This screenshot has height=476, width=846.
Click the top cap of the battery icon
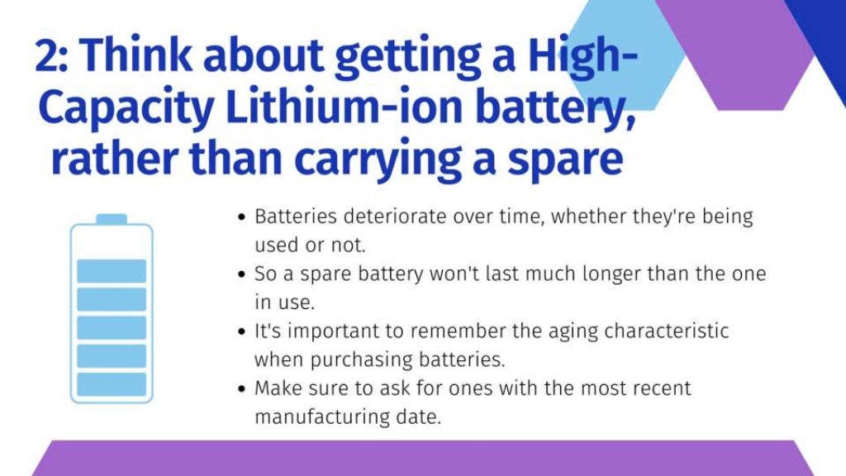112,219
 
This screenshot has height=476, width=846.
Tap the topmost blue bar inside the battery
112,271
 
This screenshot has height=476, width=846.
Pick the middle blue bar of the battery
112,327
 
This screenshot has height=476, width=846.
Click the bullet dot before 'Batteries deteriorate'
240,218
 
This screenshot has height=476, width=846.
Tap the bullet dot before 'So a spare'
240,274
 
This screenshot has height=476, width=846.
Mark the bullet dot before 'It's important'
240,331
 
